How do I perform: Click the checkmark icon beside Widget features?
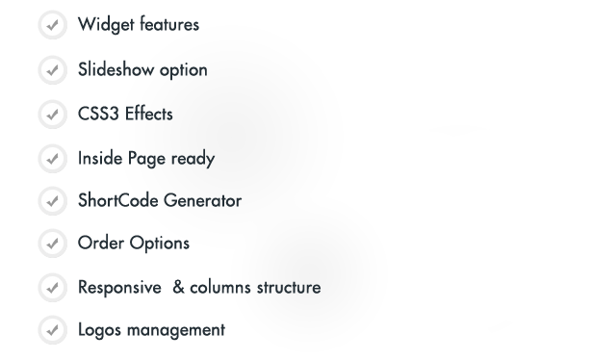53,25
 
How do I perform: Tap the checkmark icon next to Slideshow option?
53,70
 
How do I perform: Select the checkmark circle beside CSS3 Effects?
53,115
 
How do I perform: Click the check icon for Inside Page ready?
53,159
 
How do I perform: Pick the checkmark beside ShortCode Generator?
53,201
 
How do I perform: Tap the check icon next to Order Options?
53,244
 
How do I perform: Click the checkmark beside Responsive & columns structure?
53,288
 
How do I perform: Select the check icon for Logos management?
53,330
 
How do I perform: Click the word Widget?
106,25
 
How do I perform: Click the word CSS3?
98,114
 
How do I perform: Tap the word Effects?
149,114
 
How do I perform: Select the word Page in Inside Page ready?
146,159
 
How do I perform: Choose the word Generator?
203,200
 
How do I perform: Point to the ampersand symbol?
178,288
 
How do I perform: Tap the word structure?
289,288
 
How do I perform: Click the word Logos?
99,330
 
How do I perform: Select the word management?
176,330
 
